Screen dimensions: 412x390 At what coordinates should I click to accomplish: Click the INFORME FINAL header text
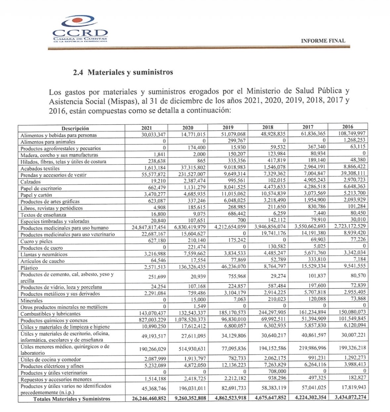[x=323, y=41]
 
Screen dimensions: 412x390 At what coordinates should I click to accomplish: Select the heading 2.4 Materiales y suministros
[x=123, y=72]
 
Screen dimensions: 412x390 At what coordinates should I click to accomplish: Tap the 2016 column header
[x=348, y=127]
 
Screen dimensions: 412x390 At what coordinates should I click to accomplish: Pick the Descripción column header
[x=75, y=129]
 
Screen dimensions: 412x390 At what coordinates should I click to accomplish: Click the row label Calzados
[x=31, y=182]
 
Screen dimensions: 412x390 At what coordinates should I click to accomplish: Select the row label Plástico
[x=29, y=268]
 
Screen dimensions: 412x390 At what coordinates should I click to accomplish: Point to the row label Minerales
[x=31, y=301]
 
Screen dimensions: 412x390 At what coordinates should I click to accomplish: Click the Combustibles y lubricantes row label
[x=51, y=314]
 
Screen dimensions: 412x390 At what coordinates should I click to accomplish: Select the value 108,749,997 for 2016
[x=351, y=133]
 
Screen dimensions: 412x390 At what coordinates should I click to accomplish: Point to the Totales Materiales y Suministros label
[x=72, y=399]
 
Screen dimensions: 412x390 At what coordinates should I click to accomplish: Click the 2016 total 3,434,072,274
[x=350, y=397]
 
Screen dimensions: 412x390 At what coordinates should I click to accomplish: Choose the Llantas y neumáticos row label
[x=44, y=254]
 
